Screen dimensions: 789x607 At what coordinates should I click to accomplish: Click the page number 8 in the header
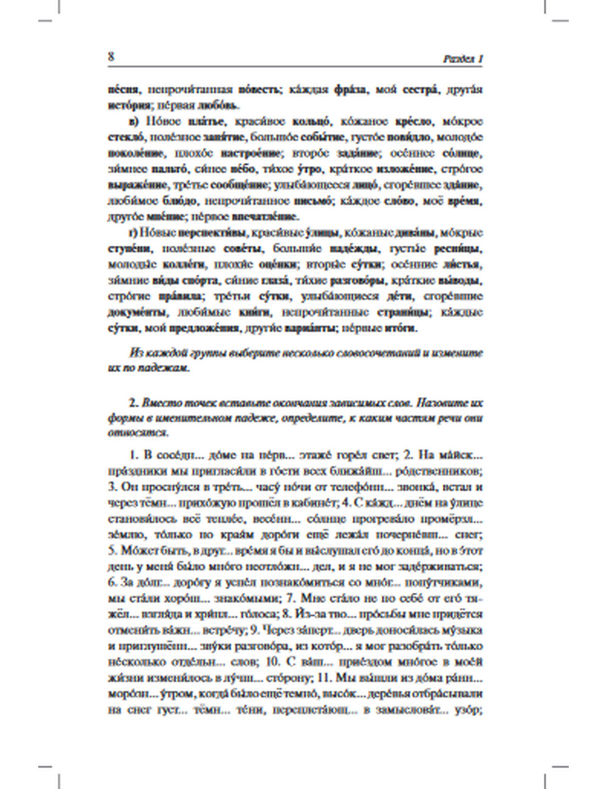(x=110, y=57)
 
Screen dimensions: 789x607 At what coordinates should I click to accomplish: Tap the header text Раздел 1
(x=463, y=59)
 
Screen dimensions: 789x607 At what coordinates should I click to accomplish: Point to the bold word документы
(x=138, y=313)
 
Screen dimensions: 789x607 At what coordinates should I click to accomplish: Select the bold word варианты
(x=309, y=328)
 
